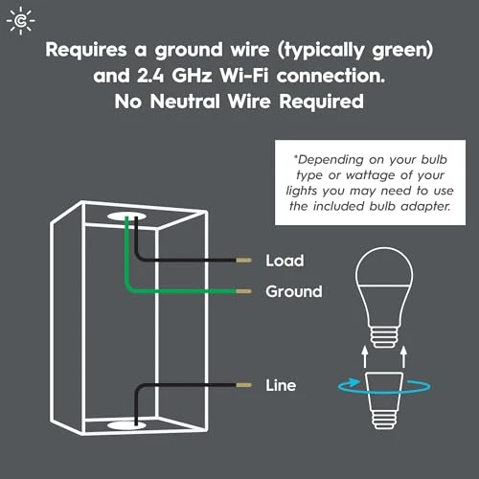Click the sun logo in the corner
tap(21, 21)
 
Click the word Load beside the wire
tap(285, 261)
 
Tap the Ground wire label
tap(294, 291)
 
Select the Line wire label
tap(281, 385)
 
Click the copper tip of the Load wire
tap(244, 261)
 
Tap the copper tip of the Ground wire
tap(244, 291)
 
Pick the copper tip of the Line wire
tap(244, 385)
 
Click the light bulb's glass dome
tap(384, 266)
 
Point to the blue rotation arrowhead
tap(353, 382)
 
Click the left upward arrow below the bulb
tap(364, 357)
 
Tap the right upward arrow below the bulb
tap(403, 357)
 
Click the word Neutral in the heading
tap(185, 102)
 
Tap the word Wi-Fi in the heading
tap(244, 76)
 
